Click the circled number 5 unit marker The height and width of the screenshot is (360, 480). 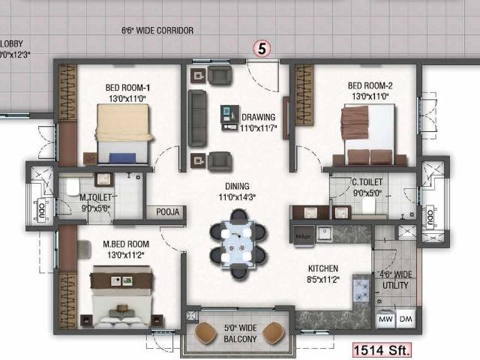[261, 48]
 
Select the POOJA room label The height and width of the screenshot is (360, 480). [167, 212]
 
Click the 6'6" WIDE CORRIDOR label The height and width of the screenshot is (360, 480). [157, 31]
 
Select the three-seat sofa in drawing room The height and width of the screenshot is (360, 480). [197, 118]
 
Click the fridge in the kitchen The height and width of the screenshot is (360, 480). [304, 234]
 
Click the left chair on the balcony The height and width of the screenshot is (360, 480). [205, 332]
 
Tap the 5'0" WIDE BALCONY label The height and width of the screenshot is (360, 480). [241, 333]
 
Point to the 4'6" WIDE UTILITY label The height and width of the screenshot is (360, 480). [394, 280]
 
